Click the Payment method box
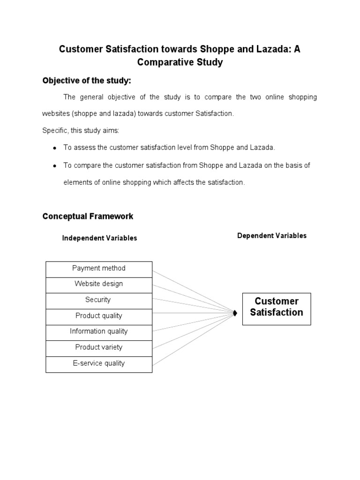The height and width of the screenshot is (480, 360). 99,269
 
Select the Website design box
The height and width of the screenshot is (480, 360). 99,285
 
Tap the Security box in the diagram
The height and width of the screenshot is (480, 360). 99,300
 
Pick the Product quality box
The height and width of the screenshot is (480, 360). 99,316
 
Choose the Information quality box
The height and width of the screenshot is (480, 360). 99,332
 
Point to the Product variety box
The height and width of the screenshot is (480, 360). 99,348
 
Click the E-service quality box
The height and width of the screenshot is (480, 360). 99,364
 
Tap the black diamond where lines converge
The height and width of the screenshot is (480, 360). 234,313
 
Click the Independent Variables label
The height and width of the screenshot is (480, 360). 99,238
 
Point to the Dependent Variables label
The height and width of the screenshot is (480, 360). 272,236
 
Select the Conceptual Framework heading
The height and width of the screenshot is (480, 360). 88,217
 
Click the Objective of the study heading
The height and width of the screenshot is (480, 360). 87,81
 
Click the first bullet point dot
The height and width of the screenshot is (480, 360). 55,148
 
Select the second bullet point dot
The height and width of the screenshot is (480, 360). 55,166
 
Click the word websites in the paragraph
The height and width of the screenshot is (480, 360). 56,114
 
